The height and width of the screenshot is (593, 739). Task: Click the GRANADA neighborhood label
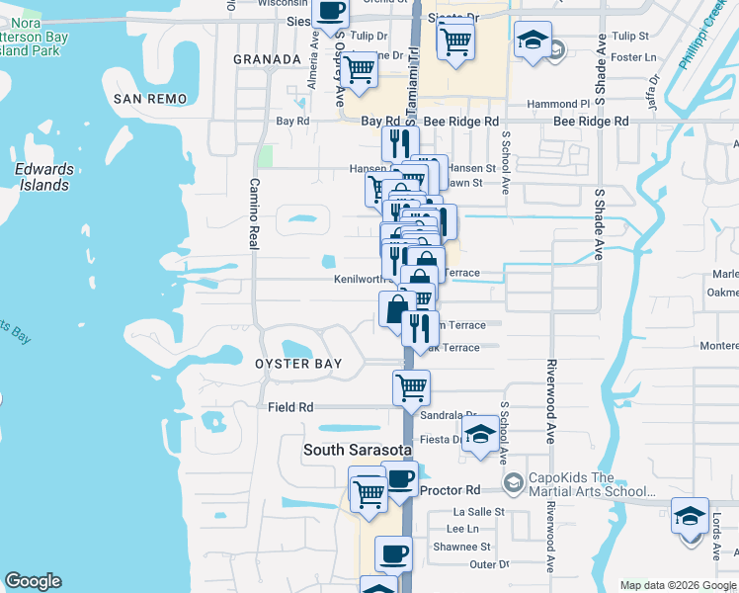click(x=266, y=59)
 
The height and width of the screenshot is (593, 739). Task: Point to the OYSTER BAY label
click(x=298, y=364)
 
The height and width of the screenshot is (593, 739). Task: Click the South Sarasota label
click(x=351, y=450)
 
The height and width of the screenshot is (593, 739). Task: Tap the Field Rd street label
click(x=290, y=407)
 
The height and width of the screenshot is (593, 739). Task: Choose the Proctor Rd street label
click(x=450, y=490)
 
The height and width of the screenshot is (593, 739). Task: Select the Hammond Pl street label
click(x=557, y=104)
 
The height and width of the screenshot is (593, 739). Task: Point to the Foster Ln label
click(x=634, y=57)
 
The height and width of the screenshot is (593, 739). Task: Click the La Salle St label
click(x=478, y=512)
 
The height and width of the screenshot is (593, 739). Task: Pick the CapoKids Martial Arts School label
click(x=591, y=483)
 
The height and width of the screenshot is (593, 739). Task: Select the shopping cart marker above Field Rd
click(x=411, y=386)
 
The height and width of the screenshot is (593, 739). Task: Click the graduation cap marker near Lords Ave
click(x=690, y=515)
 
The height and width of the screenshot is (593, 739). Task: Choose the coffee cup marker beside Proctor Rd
click(x=399, y=479)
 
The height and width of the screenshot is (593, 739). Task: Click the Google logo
click(x=33, y=581)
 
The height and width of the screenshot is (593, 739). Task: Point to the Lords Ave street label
click(x=729, y=534)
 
